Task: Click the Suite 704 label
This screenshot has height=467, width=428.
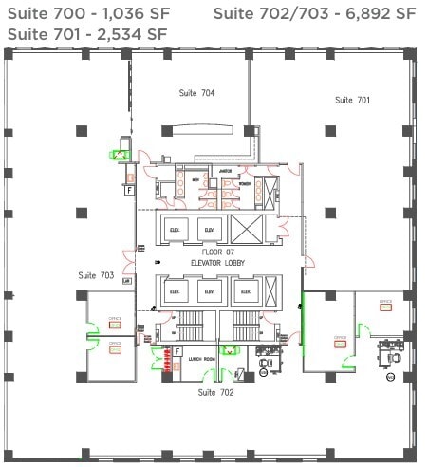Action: coord(196,93)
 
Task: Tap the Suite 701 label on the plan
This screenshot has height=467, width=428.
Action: coord(352,100)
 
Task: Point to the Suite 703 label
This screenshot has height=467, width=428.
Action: coord(97,275)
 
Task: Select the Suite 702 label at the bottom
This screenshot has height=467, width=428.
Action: coord(215,392)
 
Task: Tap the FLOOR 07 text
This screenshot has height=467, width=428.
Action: coord(217,252)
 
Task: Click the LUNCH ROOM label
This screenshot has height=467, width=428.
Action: coord(201,359)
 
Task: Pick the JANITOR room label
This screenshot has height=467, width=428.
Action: coord(226,171)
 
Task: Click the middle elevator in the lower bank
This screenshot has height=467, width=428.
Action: coord(211,291)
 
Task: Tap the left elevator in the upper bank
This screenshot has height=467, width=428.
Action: coord(175,229)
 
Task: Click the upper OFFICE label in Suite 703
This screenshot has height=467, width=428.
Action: coord(115,320)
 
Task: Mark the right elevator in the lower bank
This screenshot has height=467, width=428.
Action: coord(246,291)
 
